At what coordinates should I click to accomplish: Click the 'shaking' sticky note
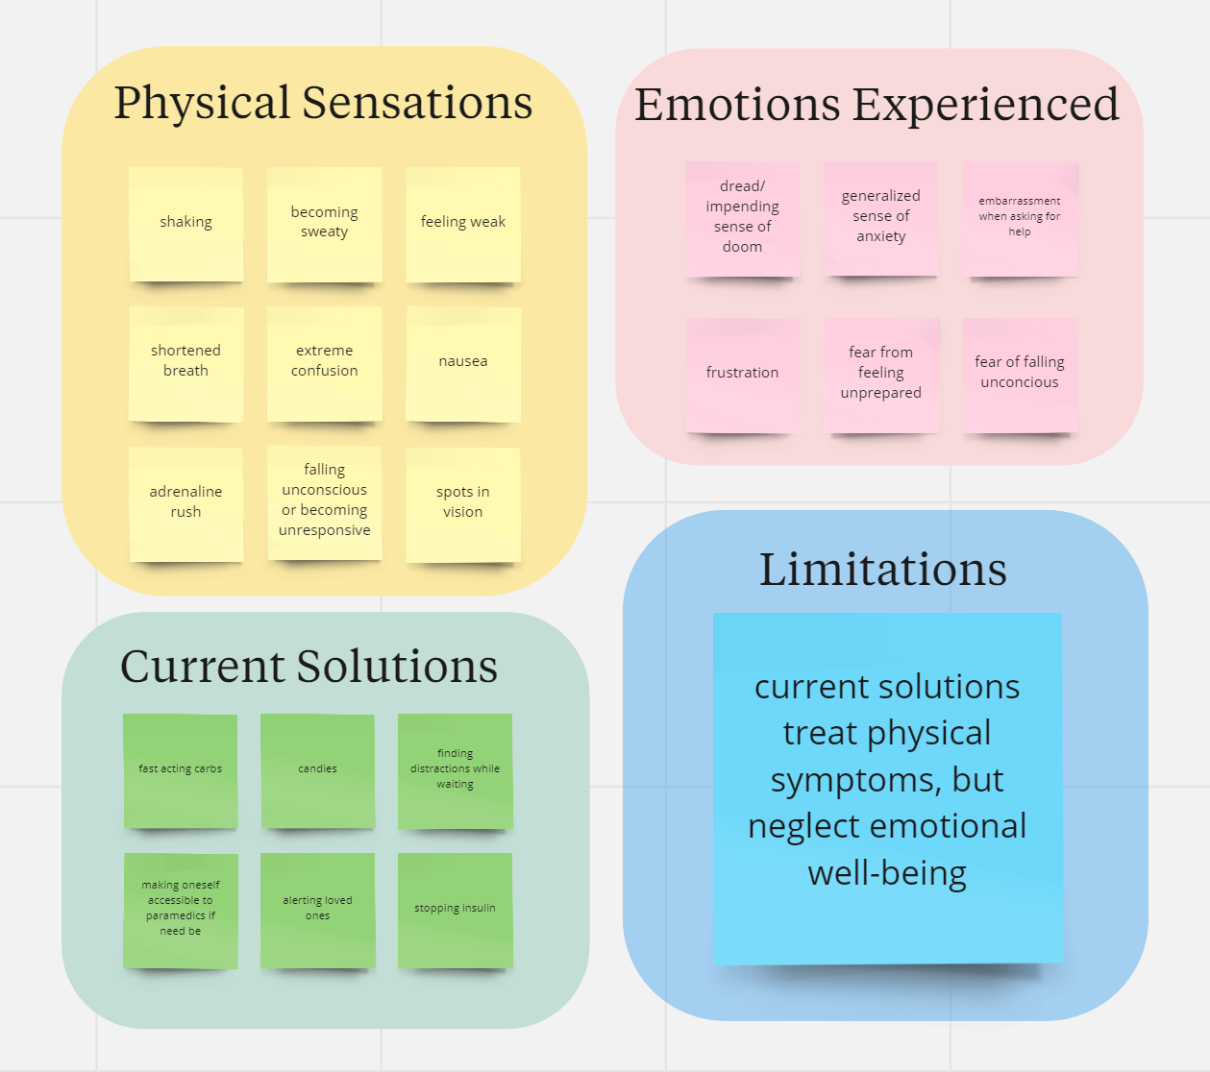(185, 223)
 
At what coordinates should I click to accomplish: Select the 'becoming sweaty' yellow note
(324, 223)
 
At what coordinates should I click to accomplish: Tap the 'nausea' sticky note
(462, 362)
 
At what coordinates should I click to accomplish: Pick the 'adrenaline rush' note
(185, 502)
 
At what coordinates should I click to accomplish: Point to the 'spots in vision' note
(462, 502)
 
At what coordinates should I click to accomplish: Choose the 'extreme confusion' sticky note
(324, 362)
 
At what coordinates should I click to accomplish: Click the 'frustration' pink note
(742, 374)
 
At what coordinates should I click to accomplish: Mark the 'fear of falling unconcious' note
(1020, 374)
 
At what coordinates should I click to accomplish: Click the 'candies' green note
(317, 769)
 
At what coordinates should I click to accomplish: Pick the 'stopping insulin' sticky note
(455, 909)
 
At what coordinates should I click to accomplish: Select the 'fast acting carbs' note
(180, 769)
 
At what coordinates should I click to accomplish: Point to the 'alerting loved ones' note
(317, 909)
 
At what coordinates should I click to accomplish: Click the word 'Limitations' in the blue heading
(882, 570)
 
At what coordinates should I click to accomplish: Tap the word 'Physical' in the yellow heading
(202, 104)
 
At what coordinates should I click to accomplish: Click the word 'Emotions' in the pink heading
(737, 105)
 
